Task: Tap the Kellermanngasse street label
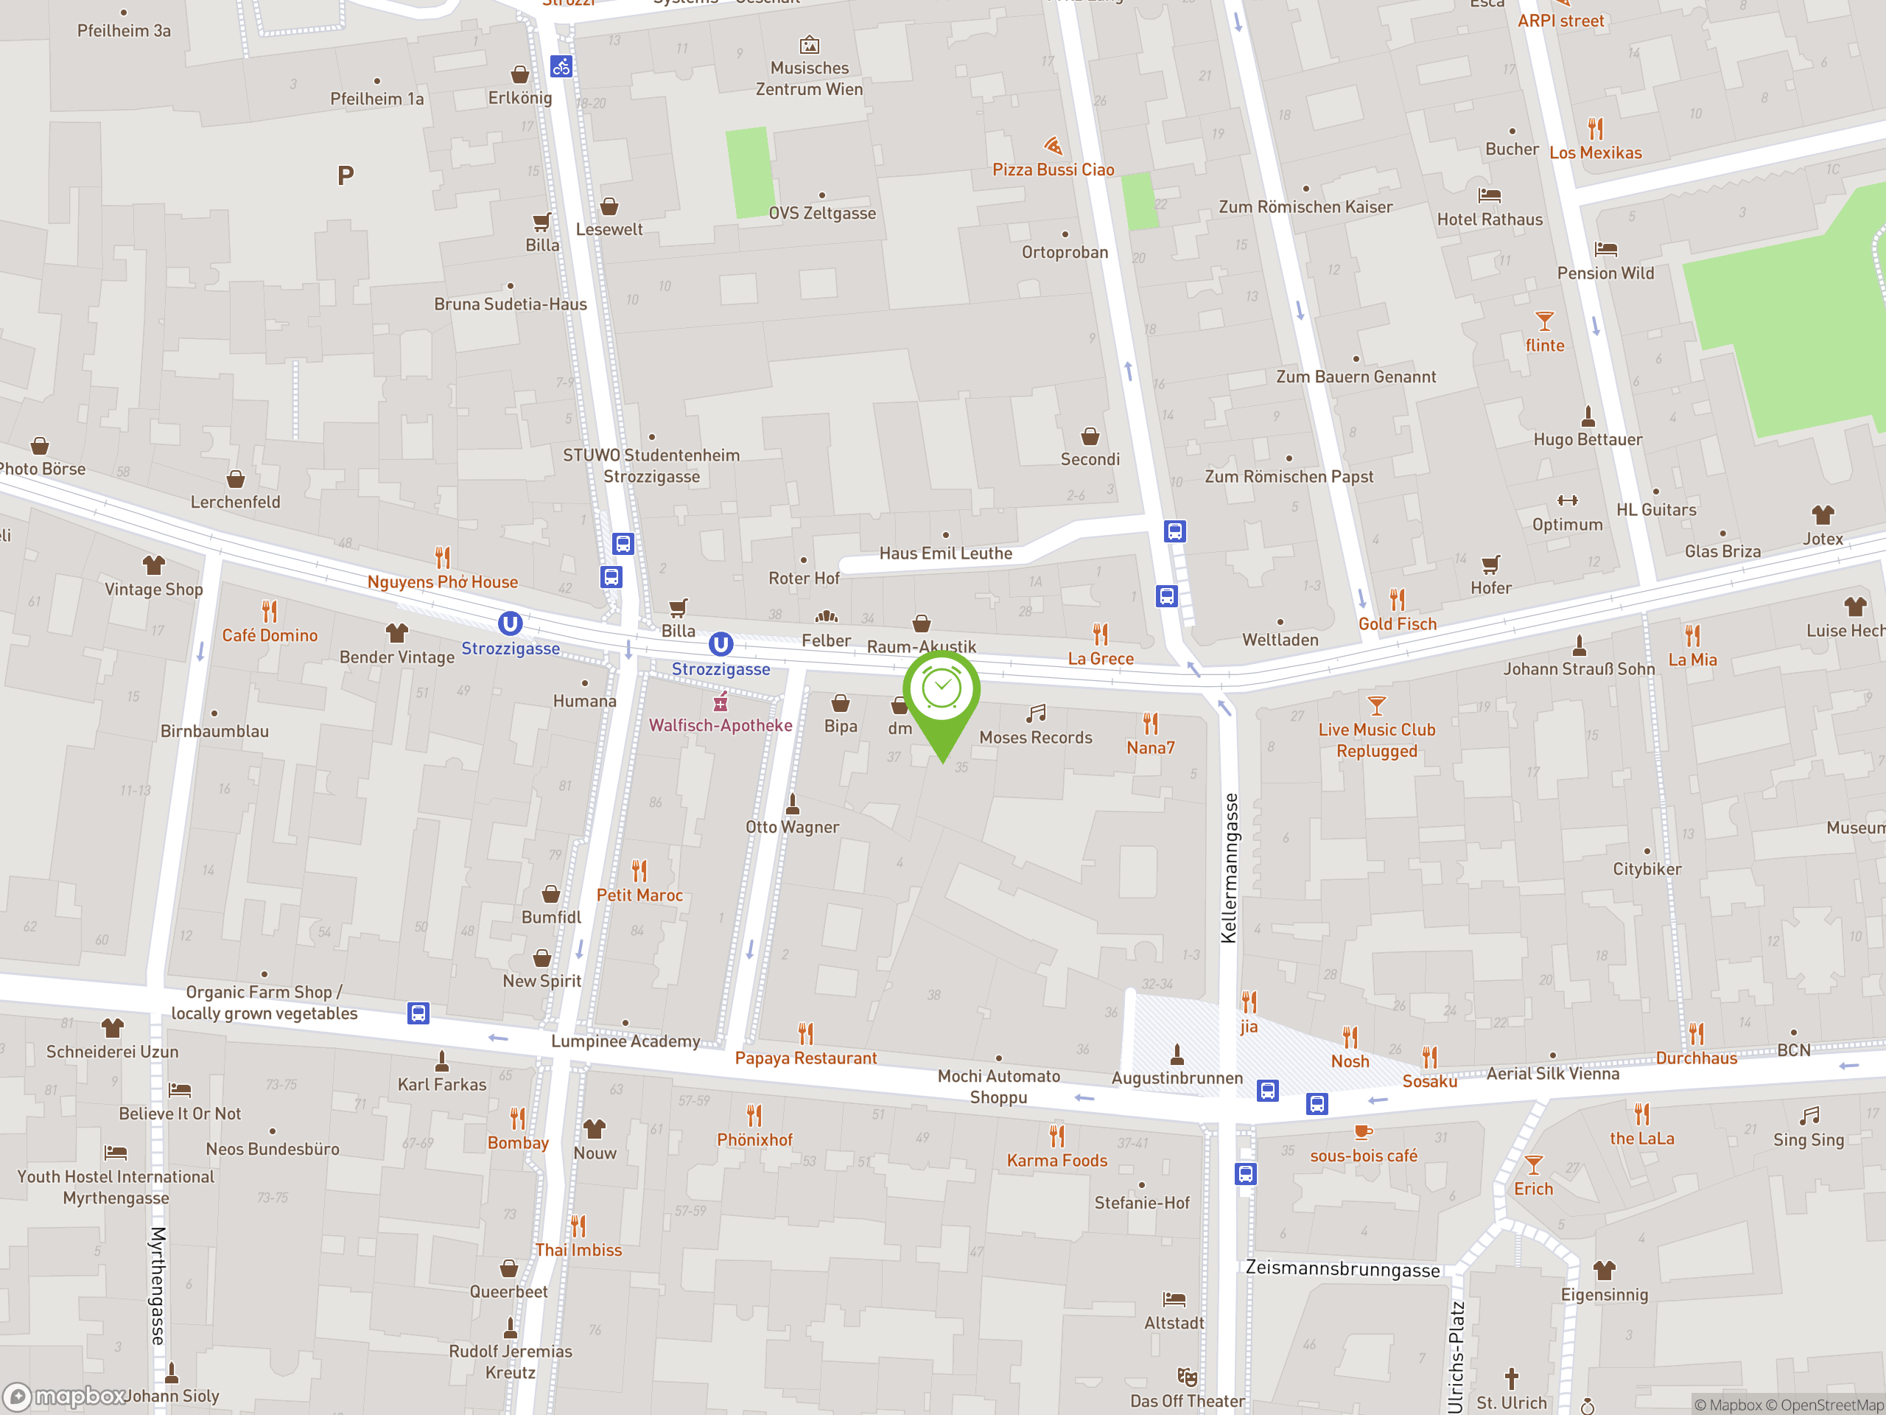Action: [x=1229, y=867]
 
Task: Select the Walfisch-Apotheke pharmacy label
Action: [x=721, y=725]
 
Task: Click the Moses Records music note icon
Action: [x=1036, y=713]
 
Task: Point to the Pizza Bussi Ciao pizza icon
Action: [x=1053, y=146]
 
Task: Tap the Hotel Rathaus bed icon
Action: [x=1490, y=195]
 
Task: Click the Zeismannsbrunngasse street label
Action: [x=1342, y=1268]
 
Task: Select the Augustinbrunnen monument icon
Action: [x=1177, y=1055]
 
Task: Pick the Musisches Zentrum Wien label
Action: [x=809, y=78]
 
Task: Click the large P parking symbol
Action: [x=346, y=175]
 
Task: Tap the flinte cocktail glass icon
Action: [x=1544, y=321]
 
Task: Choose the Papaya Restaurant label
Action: [x=806, y=1058]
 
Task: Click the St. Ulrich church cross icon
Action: [x=1512, y=1378]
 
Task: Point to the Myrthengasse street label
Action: [x=158, y=1285]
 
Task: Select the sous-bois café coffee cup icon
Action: [x=1362, y=1132]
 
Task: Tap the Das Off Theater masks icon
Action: [x=1187, y=1377]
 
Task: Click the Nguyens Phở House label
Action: [x=443, y=581]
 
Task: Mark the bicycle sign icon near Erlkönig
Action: [x=560, y=66]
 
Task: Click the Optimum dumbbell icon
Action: [x=1567, y=500]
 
